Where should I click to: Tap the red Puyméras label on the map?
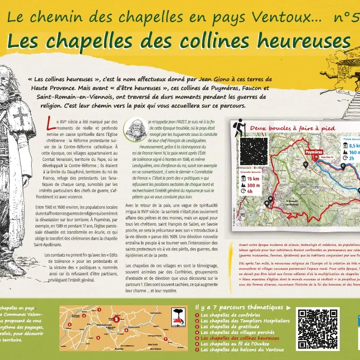coord(314,152)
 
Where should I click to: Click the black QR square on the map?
coord(253,151)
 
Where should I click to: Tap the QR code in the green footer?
coord(318,329)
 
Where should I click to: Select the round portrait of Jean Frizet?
coord(135,129)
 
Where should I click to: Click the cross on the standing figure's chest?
coord(20,115)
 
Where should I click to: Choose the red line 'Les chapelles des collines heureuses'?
coord(240,338)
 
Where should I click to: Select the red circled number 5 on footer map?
coord(116,319)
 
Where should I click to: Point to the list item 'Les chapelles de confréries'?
coord(230,315)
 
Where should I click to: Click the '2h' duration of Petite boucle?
coord(352,159)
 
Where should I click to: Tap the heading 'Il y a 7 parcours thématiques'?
coord(240,308)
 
